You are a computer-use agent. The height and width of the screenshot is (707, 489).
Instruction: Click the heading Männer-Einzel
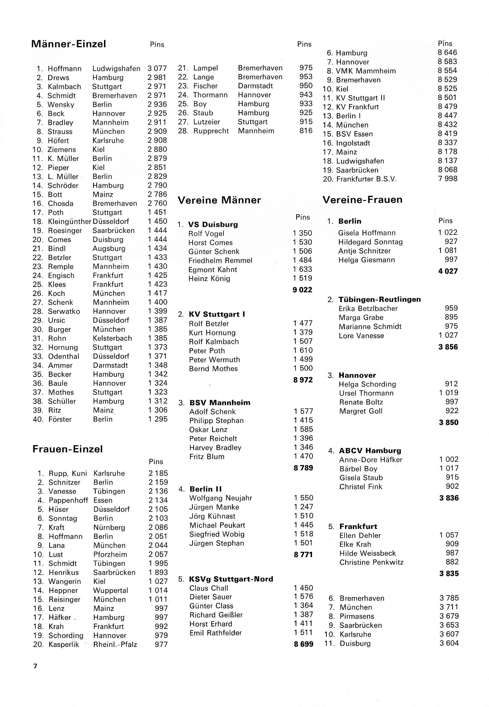[x=69, y=44]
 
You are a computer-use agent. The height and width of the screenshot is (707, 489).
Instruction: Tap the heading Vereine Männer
[x=219, y=200]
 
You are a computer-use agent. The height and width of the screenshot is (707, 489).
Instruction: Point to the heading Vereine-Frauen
[x=362, y=200]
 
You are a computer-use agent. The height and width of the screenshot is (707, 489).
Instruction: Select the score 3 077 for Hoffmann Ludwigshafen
[x=157, y=68]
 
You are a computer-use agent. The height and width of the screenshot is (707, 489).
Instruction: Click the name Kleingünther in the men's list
[x=70, y=221]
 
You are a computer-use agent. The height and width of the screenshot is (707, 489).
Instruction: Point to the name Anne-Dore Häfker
[x=370, y=459]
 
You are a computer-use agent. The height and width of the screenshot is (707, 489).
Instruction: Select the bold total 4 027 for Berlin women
[x=448, y=271]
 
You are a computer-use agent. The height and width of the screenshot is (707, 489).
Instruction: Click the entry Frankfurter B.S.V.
[x=366, y=179]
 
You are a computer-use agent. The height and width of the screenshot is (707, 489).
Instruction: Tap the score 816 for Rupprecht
[x=306, y=131]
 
